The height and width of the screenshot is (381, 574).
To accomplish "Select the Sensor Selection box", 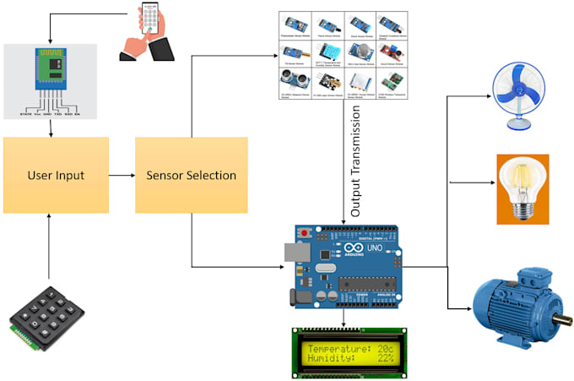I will pyautogui.click(x=191, y=176).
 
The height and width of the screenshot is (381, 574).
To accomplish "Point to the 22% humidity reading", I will pyautogui.click(x=383, y=359).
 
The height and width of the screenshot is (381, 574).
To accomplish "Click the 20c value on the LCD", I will pyautogui.click(x=385, y=348).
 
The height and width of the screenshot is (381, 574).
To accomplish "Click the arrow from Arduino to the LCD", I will pyautogui.click(x=345, y=318).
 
